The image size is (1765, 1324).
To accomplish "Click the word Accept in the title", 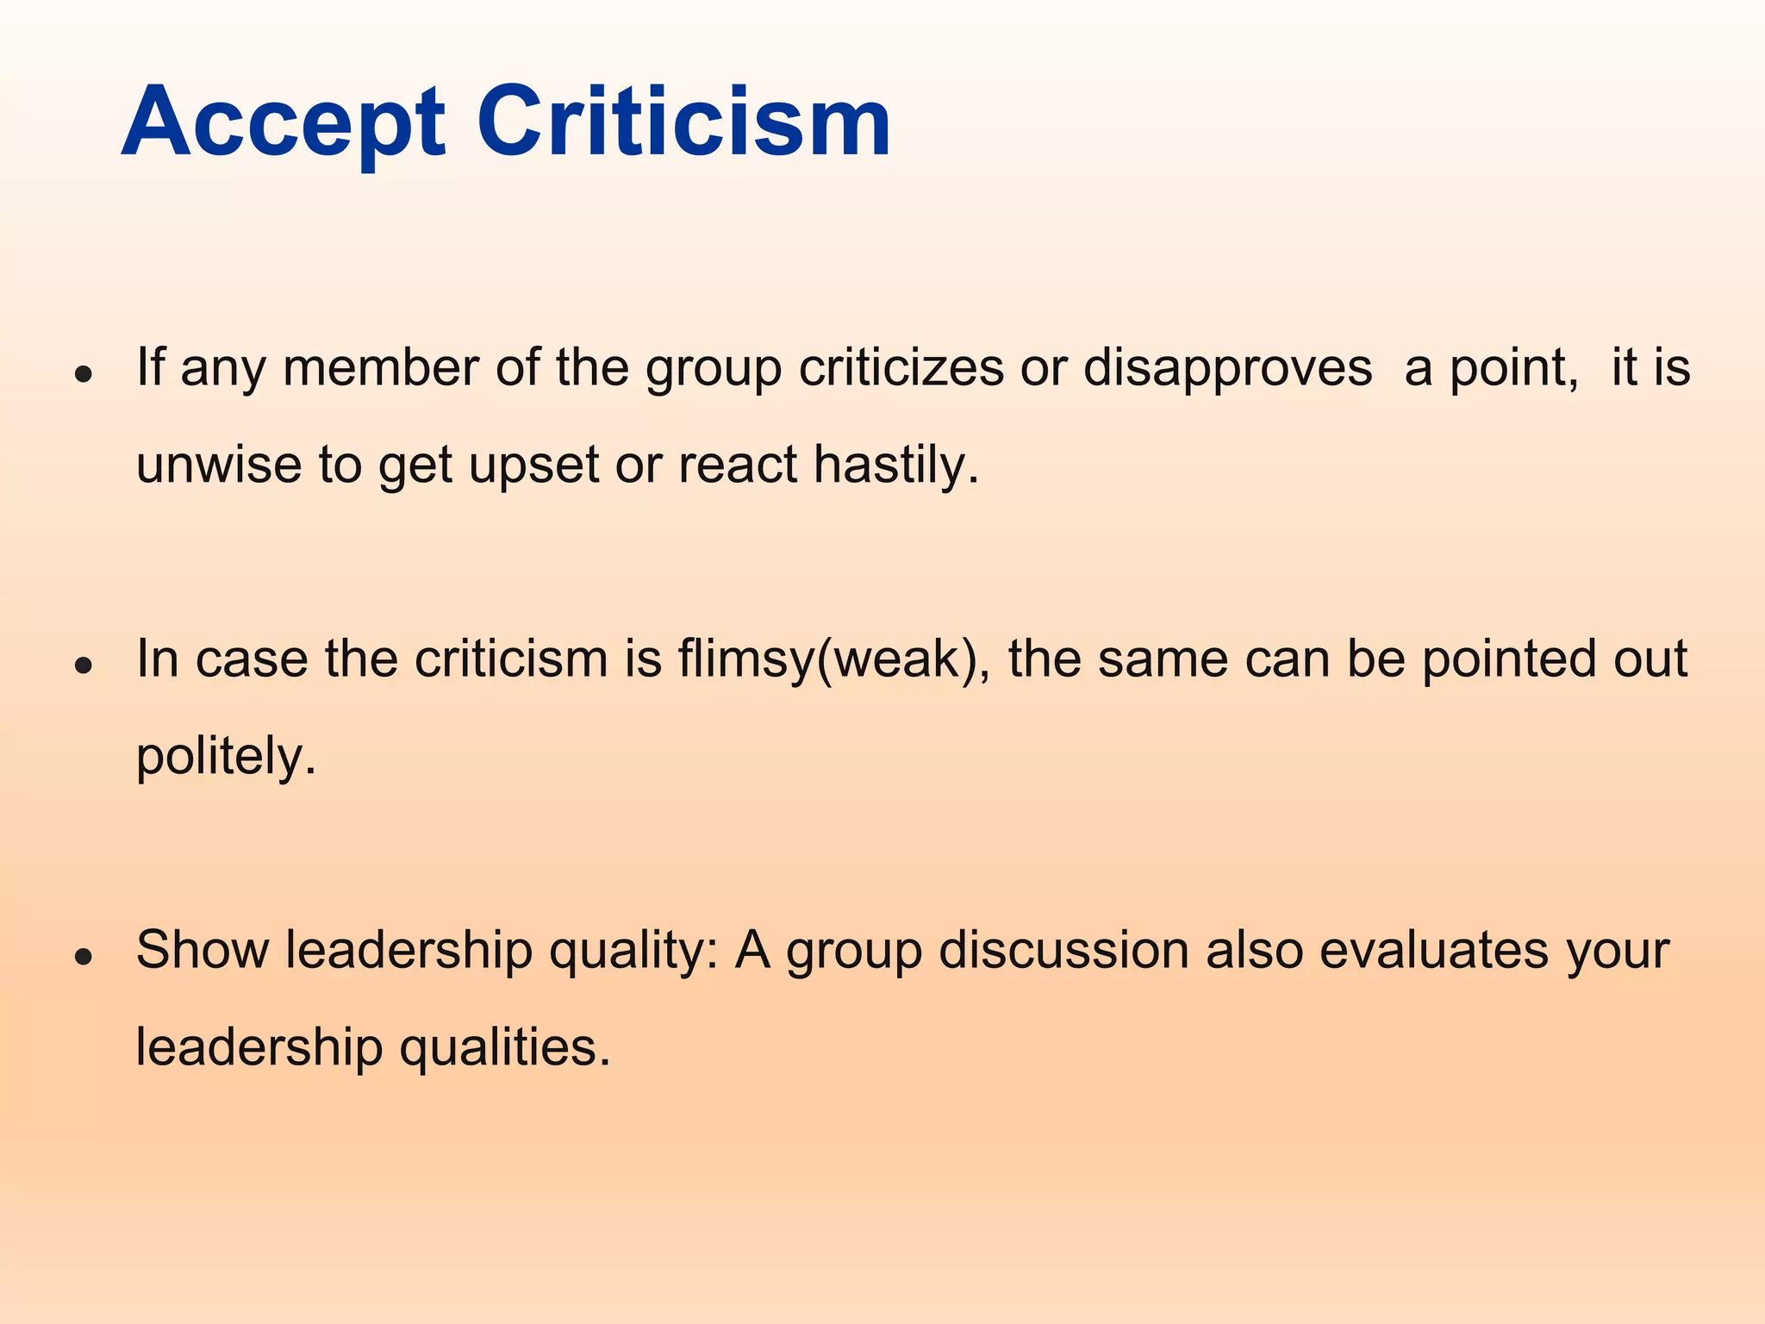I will (x=284, y=122).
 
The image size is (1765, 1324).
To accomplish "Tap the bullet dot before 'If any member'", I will (x=84, y=374).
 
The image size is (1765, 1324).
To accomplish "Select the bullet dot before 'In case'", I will (x=84, y=665).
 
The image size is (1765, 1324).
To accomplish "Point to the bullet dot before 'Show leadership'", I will (x=84, y=956).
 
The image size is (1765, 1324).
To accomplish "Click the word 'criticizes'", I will (x=901, y=368).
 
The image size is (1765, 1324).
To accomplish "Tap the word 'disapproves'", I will (x=1227, y=368).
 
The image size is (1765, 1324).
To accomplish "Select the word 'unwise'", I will (x=219, y=465).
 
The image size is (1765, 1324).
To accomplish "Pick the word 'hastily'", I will (x=895, y=465).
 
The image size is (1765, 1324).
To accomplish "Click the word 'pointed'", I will (x=1500, y=659).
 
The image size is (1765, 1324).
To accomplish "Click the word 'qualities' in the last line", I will (x=505, y=1047).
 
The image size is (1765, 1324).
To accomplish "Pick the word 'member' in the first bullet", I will (x=380, y=368).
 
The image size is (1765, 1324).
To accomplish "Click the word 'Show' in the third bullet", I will (x=203, y=950).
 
